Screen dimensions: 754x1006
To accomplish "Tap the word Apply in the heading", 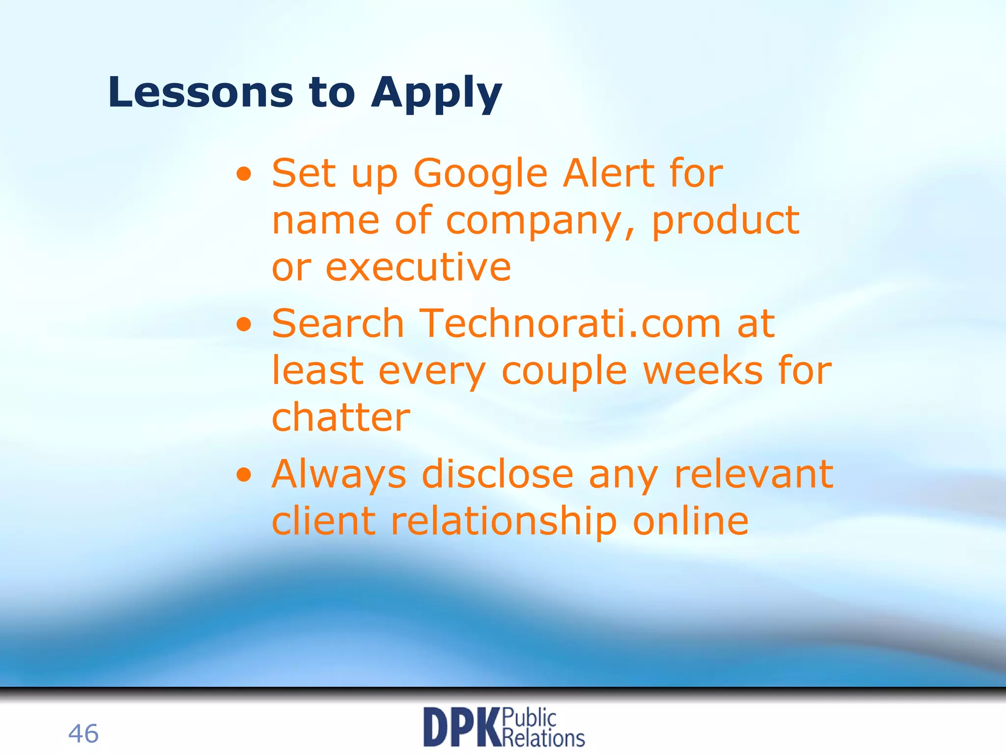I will pyautogui.click(x=436, y=94).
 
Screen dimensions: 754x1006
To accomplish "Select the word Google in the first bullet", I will pyautogui.click(x=480, y=175).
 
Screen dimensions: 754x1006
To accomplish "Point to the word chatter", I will pyautogui.click(x=340, y=417).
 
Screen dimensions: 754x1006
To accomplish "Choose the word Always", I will pyautogui.click(x=339, y=475).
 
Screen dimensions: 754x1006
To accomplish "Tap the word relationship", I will pyautogui.click(x=503, y=521).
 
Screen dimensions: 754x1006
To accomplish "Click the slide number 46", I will pyautogui.click(x=83, y=733).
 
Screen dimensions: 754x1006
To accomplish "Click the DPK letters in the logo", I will pyautogui.click(x=462, y=727).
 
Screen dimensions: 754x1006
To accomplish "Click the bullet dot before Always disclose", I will pyautogui.click(x=244, y=475).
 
